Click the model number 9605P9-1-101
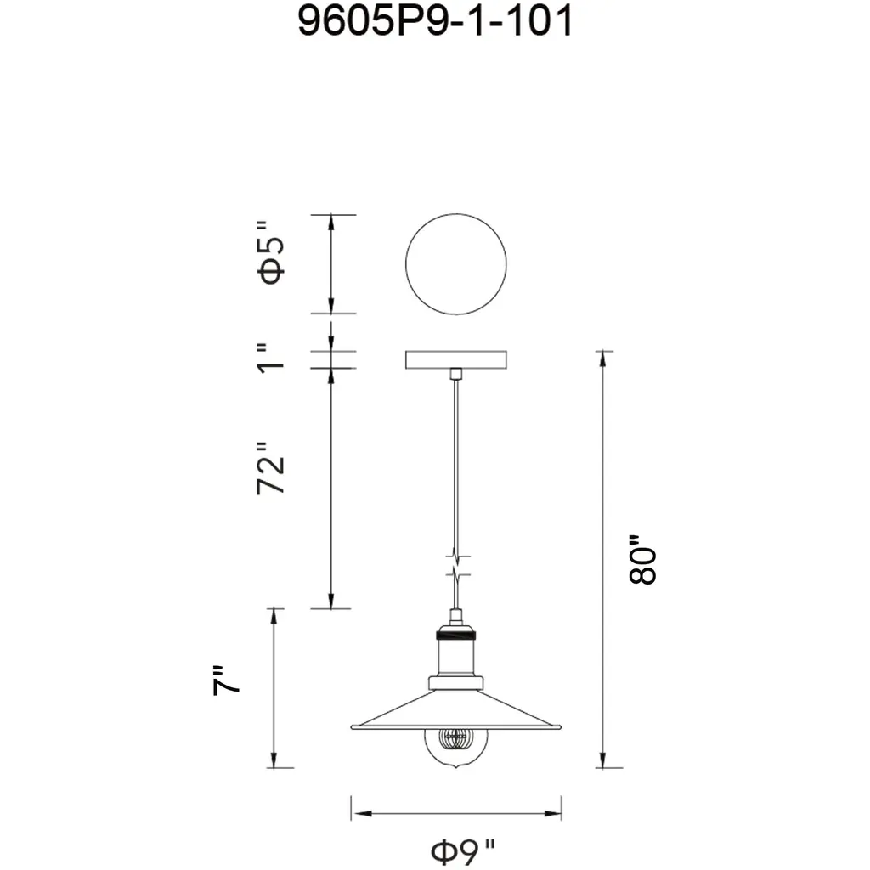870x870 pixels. point(435,21)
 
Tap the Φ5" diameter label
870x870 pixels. point(271,253)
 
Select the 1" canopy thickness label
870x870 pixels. point(271,358)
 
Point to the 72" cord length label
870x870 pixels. point(271,468)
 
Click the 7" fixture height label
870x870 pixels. point(226,680)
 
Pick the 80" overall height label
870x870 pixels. point(642,559)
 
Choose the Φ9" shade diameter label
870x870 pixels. point(463,852)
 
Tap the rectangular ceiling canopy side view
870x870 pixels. point(456,359)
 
